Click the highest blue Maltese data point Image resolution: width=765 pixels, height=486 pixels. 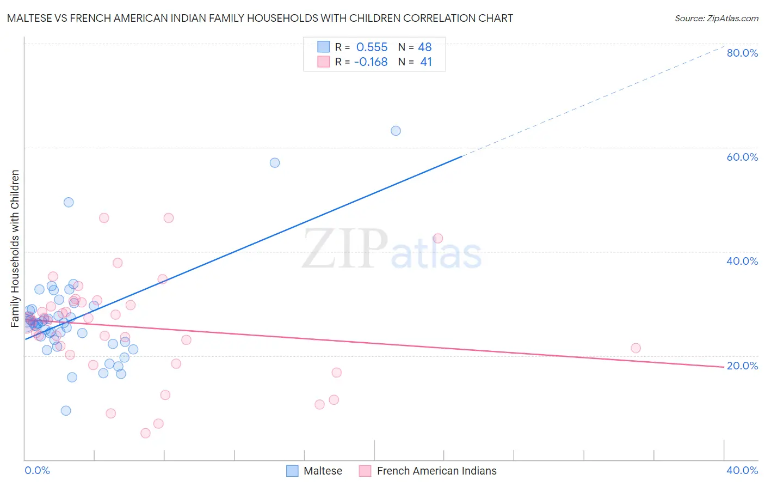click(396, 131)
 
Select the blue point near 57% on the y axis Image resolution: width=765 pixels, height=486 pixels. click(275, 163)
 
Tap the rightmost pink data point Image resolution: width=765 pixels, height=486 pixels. click(636, 348)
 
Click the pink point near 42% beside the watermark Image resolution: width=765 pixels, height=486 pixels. click(438, 238)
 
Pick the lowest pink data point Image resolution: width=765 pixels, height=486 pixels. click(145, 433)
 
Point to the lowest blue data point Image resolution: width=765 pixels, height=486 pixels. click(66, 411)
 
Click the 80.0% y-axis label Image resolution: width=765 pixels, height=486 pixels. click(742, 53)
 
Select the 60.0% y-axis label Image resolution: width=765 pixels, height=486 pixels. click(742, 157)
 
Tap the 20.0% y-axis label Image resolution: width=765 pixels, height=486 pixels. click(742, 366)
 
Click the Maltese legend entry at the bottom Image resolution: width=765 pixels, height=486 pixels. click(323, 471)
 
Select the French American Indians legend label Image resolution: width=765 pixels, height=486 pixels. click(436, 471)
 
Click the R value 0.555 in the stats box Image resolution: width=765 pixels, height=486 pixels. click(372, 47)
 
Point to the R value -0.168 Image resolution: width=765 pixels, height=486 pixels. click(371, 62)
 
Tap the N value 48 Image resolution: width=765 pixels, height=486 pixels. click(424, 47)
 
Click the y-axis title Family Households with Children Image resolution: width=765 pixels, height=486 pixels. click(15, 248)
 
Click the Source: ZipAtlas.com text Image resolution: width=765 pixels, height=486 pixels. click(716, 19)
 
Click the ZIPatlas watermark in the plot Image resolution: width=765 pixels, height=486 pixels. click(392, 249)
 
